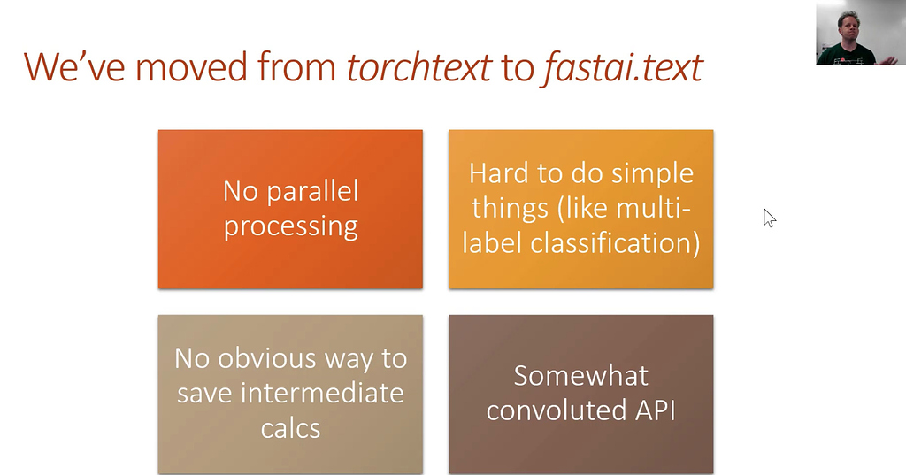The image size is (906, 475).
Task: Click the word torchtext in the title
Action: click(419, 67)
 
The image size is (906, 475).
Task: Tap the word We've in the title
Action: click(74, 67)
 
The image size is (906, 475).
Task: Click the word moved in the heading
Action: click(192, 67)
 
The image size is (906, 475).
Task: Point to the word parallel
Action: click(312, 191)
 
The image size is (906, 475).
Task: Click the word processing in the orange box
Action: click(290, 226)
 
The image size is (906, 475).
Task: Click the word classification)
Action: click(615, 243)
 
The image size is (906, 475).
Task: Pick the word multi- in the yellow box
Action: click(653, 208)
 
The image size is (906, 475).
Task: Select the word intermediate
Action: click(322, 394)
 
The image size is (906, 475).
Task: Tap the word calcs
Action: click(290, 428)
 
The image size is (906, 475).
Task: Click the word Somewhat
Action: click(580, 376)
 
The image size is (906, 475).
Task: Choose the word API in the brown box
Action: click(656, 410)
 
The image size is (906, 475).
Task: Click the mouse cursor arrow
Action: click(769, 218)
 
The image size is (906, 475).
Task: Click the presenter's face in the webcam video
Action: click(848, 27)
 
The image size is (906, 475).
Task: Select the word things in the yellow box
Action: click(510, 209)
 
